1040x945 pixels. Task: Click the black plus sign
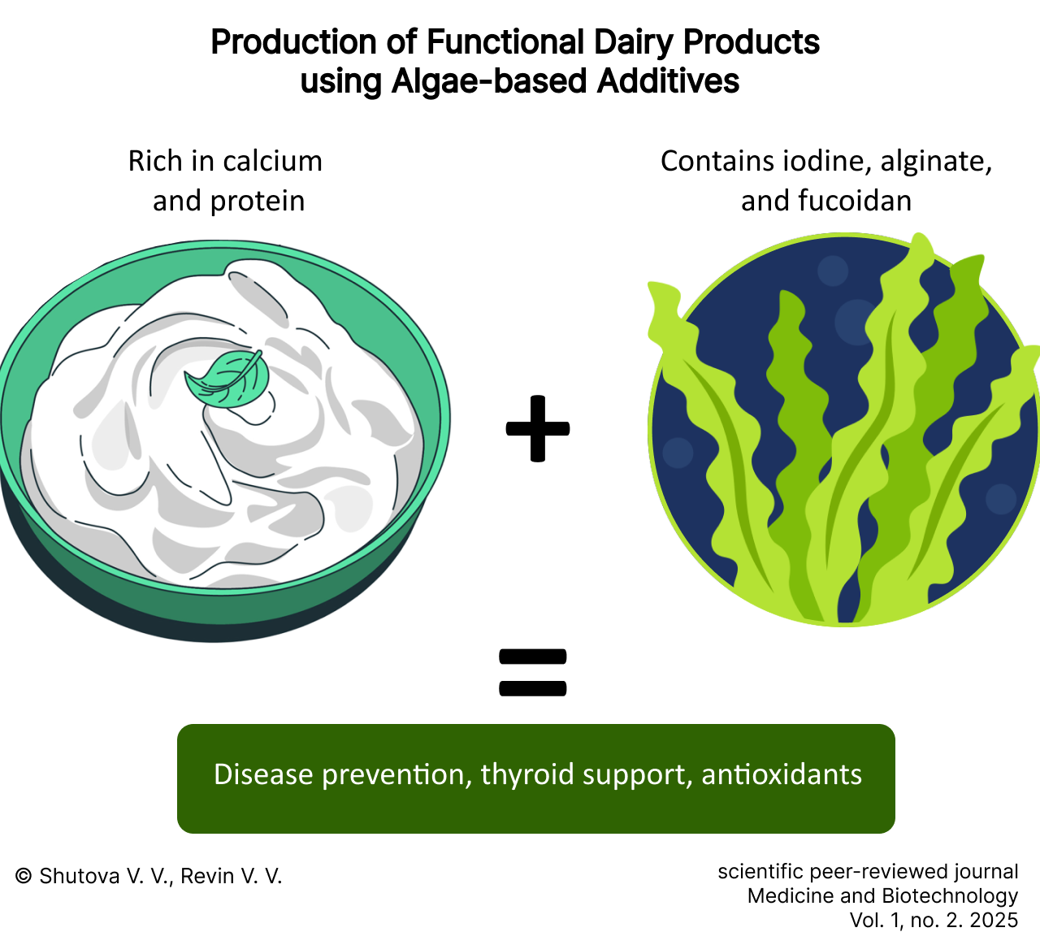click(538, 428)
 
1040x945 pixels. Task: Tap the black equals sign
click(532, 672)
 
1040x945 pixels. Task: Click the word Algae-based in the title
click(489, 81)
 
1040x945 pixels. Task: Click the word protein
click(258, 202)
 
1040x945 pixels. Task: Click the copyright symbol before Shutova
click(24, 876)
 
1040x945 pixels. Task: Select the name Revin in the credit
click(207, 876)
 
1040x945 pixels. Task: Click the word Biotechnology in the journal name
click(950, 896)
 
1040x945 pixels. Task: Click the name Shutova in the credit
click(80, 876)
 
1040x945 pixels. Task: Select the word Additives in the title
click(668, 81)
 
